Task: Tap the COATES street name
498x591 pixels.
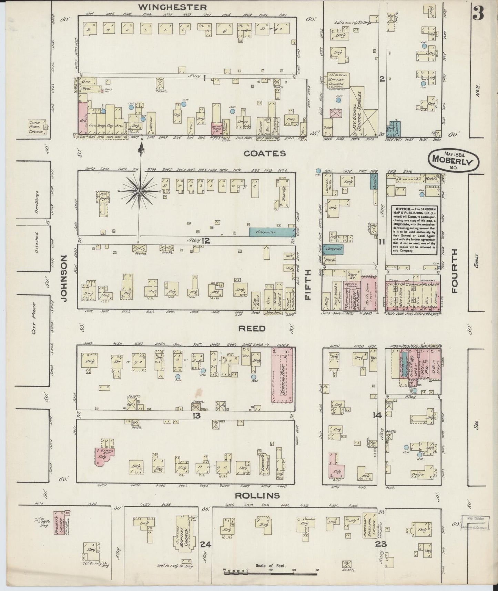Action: tap(265, 153)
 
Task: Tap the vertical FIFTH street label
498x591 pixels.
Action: tap(308, 284)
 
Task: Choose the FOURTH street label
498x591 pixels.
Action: tap(455, 271)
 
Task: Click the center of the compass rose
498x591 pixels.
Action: tap(140, 191)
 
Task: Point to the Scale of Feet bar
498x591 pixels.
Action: tap(271, 572)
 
